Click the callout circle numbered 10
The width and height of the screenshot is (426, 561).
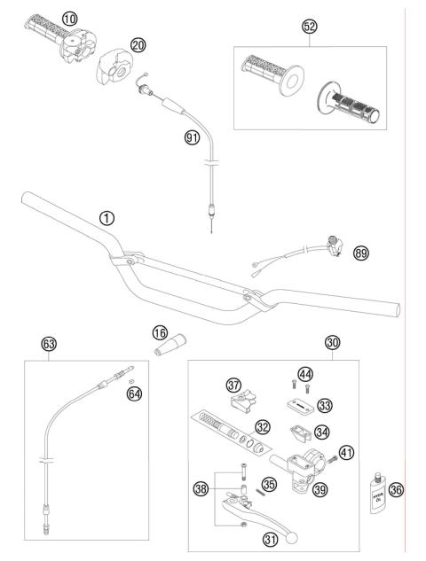point(69,18)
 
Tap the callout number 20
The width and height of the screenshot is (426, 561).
point(137,45)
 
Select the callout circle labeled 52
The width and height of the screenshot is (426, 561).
point(309,27)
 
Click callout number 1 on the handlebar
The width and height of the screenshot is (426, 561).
point(106,217)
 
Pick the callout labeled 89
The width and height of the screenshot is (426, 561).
point(360,253)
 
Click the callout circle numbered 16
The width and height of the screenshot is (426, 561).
point(159,332)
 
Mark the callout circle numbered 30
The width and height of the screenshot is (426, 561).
point(308,342)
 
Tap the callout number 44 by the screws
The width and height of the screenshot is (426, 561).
point(305,373)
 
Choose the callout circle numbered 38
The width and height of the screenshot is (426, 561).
point(201,487)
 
